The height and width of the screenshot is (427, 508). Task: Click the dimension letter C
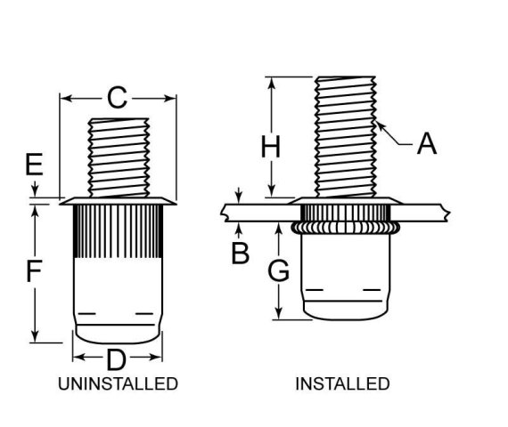tap(118, 98)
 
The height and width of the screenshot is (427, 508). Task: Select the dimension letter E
tap(34, 165)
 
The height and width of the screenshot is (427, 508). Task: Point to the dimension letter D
tap(117, 360)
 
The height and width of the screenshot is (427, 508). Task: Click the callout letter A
tap(427, 142)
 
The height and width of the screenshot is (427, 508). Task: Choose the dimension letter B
tap(240, 253)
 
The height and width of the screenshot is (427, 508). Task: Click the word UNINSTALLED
tap(118, 384)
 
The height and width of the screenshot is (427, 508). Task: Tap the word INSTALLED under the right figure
tap(342, 384)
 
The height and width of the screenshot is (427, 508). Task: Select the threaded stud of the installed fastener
tap(346, 133)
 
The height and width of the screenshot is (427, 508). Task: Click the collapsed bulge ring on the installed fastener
tap(345, 229)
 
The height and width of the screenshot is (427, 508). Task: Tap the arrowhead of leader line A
tap(380, 125)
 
